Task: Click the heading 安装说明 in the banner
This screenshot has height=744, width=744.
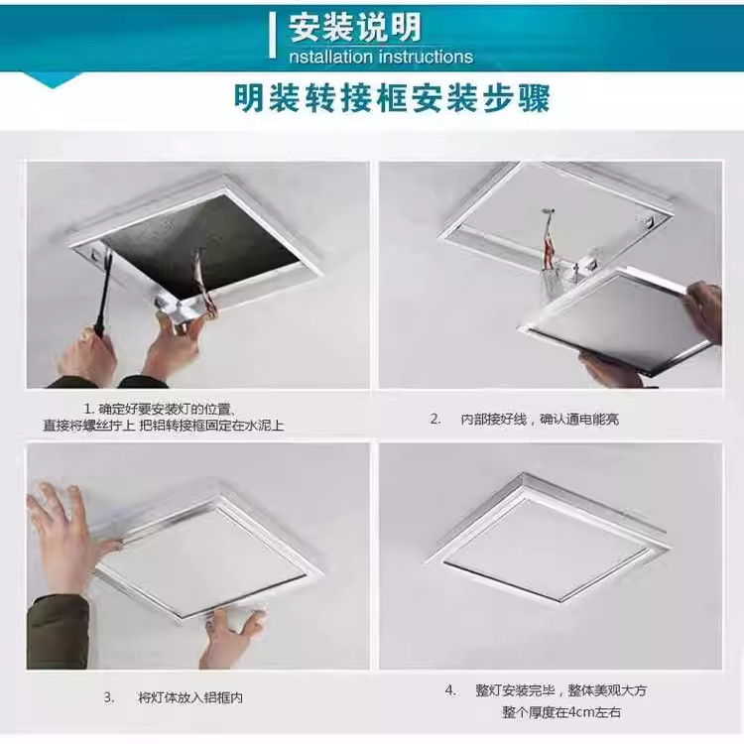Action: pos(355,26)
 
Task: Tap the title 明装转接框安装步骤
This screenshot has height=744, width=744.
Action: pos(391,100)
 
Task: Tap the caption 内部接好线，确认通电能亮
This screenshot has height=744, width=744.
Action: pos(540,419)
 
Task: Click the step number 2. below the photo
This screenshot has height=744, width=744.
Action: pos(434,419)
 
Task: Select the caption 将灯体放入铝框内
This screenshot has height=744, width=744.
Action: pos(190,697)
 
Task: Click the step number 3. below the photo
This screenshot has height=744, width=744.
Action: pos(109,697)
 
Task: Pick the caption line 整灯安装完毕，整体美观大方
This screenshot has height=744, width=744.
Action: pos(559,690)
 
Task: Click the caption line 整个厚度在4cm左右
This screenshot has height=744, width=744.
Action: pos(560,712)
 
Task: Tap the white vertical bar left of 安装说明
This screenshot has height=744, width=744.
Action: pos(273,36)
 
